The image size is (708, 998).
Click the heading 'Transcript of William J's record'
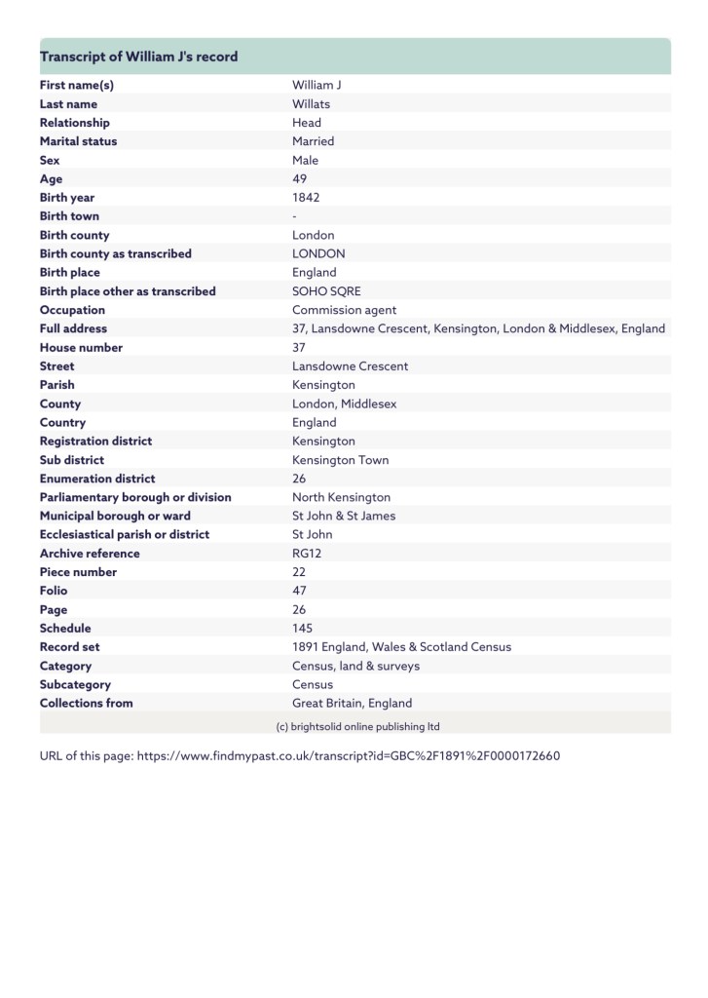coord(138,57)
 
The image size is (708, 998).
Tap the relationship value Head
coord(308,123)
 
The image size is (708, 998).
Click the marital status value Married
coord(314,141)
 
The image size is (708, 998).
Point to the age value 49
coord(300,179)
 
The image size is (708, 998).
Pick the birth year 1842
coord(306,198)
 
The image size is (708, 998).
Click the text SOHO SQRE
coord(325,291)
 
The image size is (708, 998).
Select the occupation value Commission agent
coord(345,310)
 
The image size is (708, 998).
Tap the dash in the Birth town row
coord(295,216)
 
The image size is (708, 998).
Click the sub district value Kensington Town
coord(338,460)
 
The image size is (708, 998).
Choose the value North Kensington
coord(341,497)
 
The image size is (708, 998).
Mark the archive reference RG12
coord(308,554)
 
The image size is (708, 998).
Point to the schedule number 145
coord(303,629)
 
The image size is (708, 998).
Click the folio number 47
coord(300,591)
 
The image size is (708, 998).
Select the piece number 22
coord(299,572)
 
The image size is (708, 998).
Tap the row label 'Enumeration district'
coord(97,479)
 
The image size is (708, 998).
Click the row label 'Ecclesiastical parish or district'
coord(125,534)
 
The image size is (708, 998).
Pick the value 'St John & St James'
coord(344,516)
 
